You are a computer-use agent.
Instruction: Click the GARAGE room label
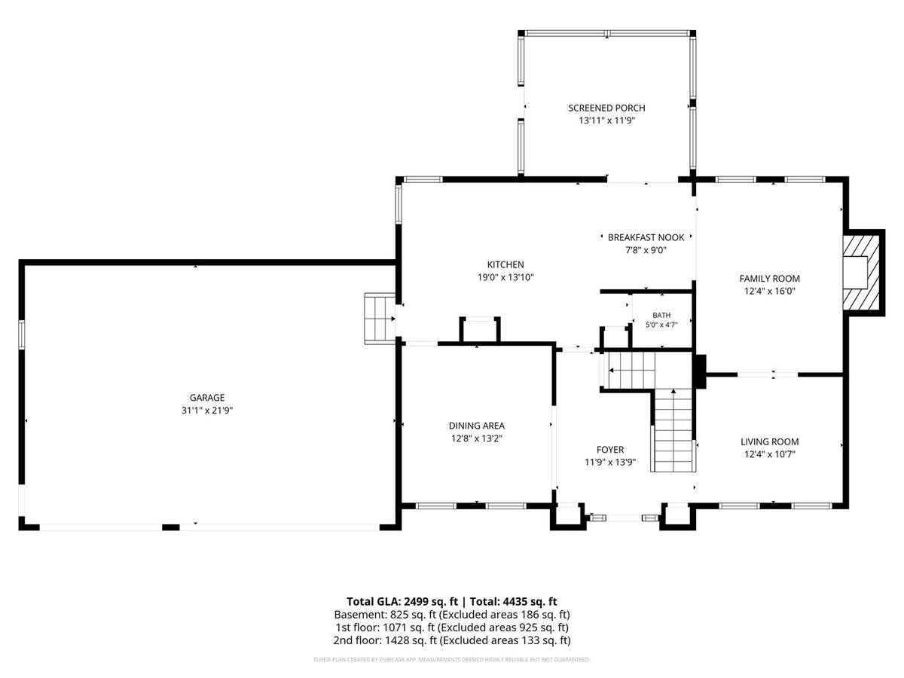[206, 398]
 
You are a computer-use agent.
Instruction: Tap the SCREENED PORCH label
[606, 108]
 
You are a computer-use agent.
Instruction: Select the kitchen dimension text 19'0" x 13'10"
[505, 277]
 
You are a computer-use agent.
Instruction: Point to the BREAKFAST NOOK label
[646, 237]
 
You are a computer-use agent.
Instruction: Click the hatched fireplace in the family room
[861, 273]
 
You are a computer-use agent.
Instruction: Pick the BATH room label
[661, 316]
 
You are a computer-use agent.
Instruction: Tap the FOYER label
[610, 450]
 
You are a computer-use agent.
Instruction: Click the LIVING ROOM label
[769, 441]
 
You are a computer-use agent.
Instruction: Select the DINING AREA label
[477, 426]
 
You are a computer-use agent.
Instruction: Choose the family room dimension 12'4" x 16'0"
[769, 291]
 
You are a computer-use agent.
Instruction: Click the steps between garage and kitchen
[380, 318]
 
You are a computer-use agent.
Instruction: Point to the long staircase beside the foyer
[673, 429]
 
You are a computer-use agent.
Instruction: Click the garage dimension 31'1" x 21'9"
[207, 411]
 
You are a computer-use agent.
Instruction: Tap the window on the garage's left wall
[21, 334]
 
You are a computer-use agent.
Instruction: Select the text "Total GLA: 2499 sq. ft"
[402, 601]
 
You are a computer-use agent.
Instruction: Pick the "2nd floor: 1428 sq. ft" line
[385, 640]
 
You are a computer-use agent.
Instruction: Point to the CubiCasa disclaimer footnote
[452, 659]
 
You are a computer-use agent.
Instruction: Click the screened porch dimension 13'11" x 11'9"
[607, 121]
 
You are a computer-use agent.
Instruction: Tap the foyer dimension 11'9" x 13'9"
[610, 463]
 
